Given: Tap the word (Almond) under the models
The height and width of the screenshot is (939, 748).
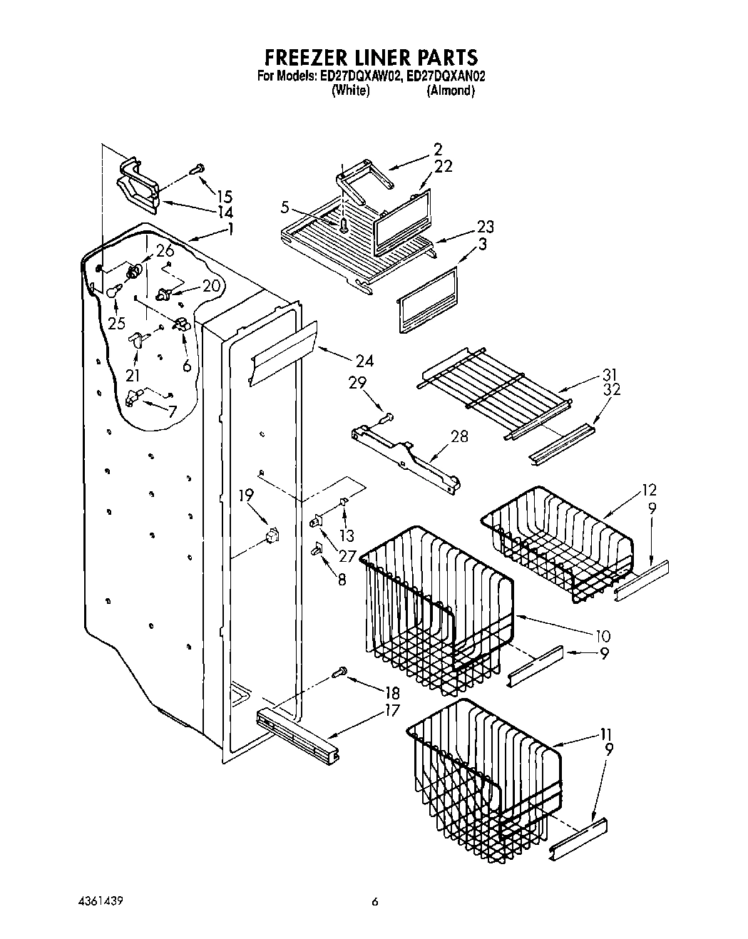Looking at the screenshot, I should [450, 91].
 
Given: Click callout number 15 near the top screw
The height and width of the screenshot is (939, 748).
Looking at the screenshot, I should [225, 196].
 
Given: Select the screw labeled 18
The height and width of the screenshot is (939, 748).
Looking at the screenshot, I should [340, 671].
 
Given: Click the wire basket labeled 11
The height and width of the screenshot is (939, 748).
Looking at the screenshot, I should [485, 774].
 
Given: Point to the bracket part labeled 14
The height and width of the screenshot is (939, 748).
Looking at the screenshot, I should [136, 185].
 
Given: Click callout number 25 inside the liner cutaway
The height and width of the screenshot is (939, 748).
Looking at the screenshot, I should [117, 323].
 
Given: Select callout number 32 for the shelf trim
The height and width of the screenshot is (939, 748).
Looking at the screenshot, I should [611, 389].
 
